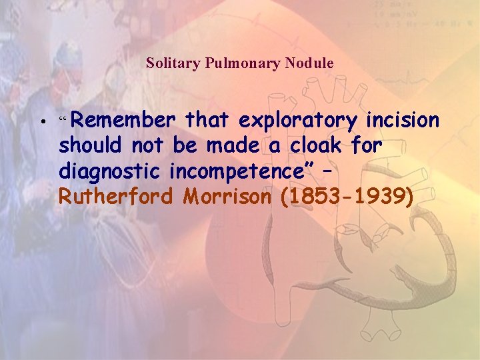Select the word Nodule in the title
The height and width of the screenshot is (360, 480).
pos(309,63)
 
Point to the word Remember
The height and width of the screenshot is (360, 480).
pos(123,121)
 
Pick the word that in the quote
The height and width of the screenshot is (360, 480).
pos(207,121)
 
